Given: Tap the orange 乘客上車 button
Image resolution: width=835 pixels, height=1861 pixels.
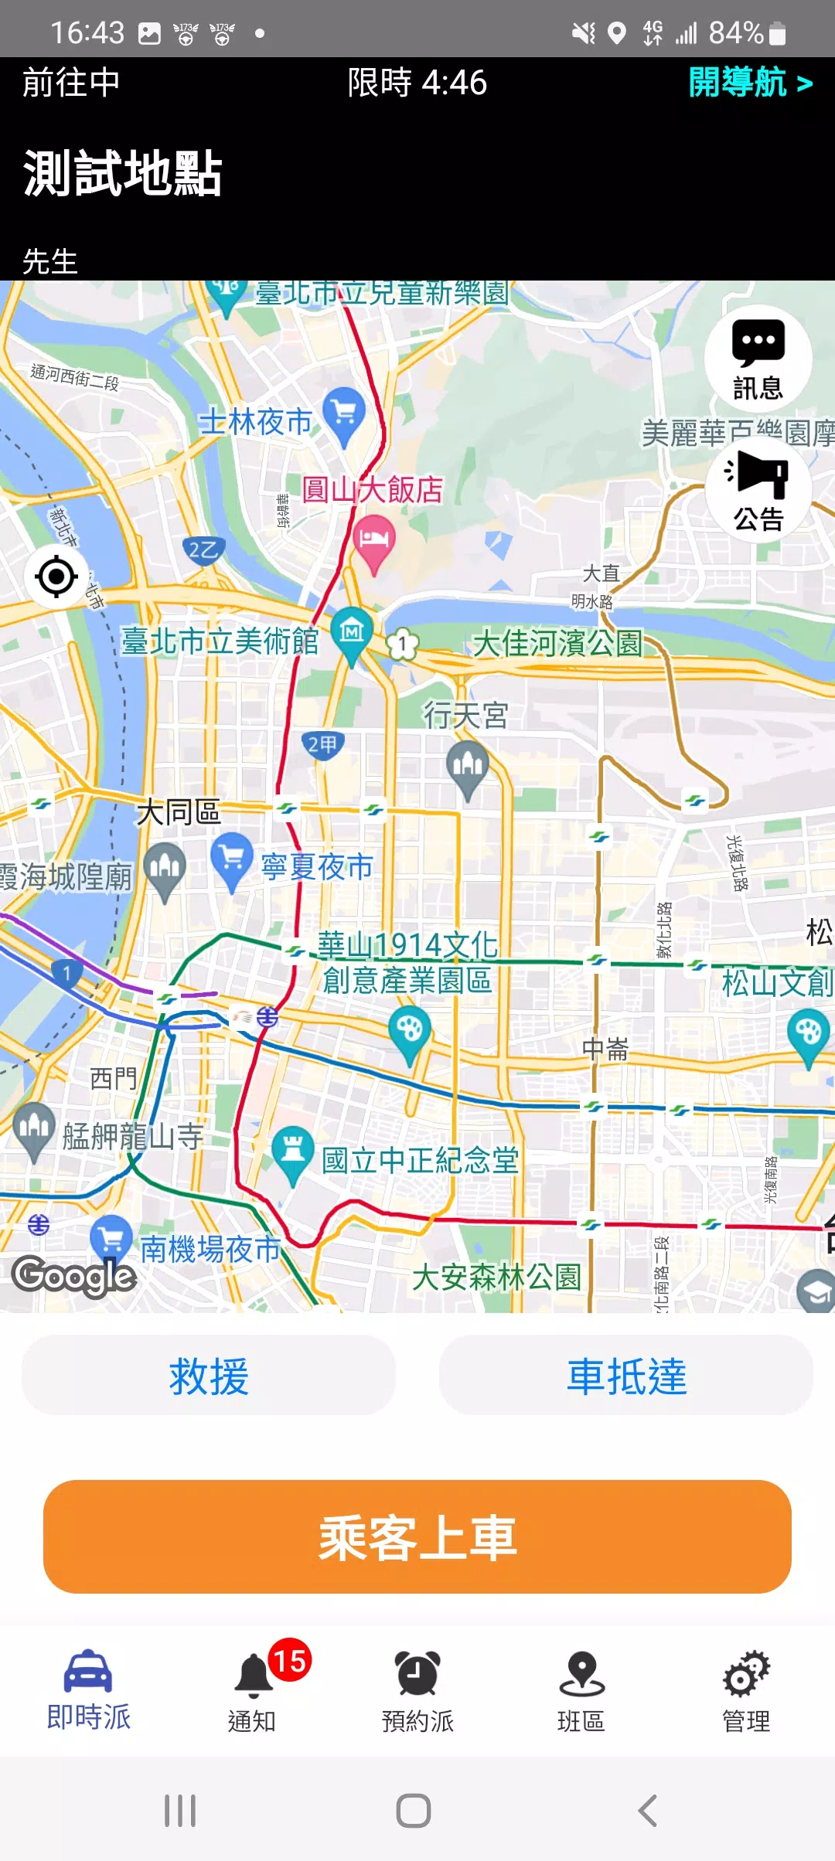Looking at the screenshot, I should click(x=417, y=1536).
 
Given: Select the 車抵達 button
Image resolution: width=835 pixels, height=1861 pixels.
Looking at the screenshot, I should click(x=626, y=1376).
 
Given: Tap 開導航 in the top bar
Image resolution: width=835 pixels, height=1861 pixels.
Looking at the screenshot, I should click(x=750, y=82).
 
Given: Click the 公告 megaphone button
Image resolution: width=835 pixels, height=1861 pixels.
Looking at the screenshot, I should click(x=758, y=488).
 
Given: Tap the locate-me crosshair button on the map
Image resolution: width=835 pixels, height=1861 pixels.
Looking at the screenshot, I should click(x=56, y=577).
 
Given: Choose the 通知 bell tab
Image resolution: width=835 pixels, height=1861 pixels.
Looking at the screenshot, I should click(x=252, y=1693).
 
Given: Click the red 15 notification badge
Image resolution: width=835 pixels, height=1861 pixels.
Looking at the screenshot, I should click(x=290, y=1660).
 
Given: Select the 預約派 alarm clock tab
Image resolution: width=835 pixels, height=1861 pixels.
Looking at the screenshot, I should click(x=417, y=1693).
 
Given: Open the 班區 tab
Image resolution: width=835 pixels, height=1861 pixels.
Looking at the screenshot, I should click(x=581, y=1693).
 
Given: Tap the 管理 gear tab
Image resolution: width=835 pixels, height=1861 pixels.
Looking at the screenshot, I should click(x=746, y=1693).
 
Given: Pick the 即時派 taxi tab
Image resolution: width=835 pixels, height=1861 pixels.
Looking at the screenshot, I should click(x=89, y=1693).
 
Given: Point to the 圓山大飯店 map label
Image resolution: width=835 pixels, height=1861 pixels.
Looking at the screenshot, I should click(x=372, y=490).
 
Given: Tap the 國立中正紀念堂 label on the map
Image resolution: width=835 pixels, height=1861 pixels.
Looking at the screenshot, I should click(x=420, y=1160).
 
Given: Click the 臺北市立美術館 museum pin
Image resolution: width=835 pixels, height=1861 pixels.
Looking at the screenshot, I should click(x=352, y=634).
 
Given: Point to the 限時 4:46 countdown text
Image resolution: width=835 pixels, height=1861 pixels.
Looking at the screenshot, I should click(x=417, y=83).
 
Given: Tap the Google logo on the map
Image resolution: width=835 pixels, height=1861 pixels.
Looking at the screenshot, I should click(x=74, y=1275).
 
